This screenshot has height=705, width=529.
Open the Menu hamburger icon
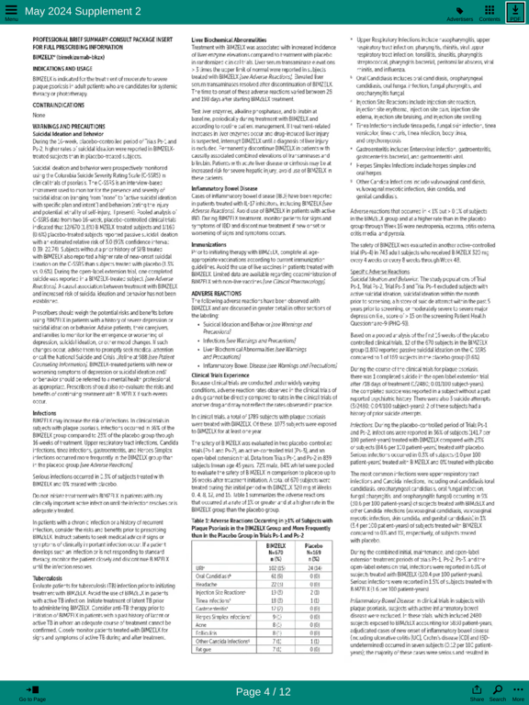tap(11, 12)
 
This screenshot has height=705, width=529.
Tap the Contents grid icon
tap(490, 12)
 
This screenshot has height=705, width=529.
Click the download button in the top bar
tap(514, 12)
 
